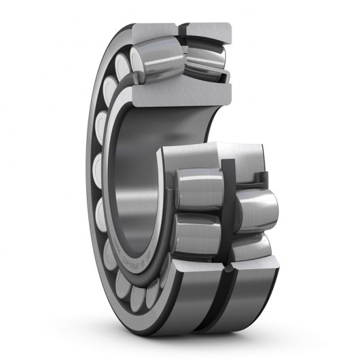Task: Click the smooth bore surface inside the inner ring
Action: click(x=136, y=170)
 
